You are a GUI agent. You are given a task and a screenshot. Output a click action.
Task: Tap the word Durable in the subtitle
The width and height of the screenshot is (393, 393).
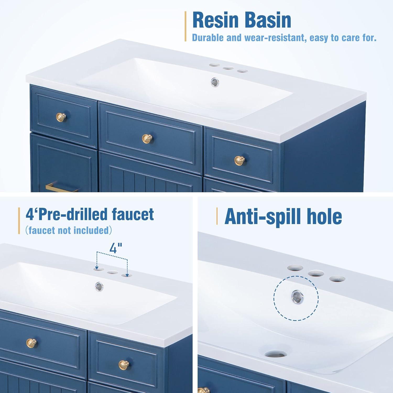pos(208,38)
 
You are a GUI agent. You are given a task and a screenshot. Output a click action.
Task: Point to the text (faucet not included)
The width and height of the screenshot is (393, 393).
pos(69,230)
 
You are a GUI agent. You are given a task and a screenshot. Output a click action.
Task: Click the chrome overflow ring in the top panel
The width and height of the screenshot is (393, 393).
pos(215,82)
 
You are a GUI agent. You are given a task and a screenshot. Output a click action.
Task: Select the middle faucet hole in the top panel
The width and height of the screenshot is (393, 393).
pos(228,68)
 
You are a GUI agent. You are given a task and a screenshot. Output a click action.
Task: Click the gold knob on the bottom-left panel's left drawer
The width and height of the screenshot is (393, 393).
pos(31,342)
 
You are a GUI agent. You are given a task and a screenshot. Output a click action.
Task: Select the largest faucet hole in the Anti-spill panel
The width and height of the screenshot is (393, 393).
pos(295,268)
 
